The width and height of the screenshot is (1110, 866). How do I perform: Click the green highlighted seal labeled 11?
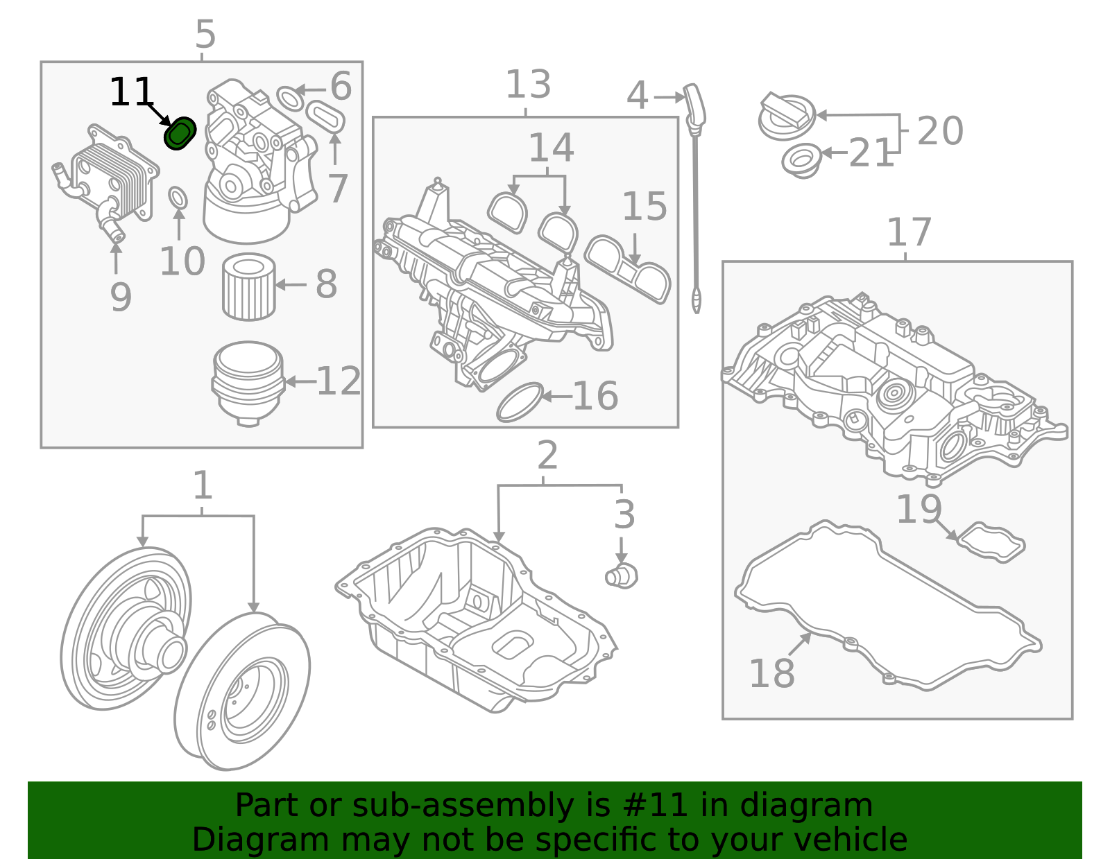[x=180, y=133]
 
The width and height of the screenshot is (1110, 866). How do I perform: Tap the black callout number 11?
[x=131, y=92]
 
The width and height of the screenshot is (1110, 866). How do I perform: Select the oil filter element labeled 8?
[x=248, y=287]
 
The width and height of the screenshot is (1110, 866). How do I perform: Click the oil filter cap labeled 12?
[x=248, y=381]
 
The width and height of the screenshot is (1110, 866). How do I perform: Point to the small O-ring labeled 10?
[x=178, y=198]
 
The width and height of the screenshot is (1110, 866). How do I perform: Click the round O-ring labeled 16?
[x=520, y=402]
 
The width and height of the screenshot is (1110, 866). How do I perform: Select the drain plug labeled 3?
[x=621, y=575]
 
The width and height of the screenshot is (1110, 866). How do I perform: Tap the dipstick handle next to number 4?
[x=694, y=104]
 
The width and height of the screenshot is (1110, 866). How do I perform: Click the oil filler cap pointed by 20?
[x=786, y=116]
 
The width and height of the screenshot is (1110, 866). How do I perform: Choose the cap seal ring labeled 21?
[x=801, y=161]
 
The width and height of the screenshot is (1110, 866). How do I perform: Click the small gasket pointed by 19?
[x=990, y=542]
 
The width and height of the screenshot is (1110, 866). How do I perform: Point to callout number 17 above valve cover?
[x=909, y=233]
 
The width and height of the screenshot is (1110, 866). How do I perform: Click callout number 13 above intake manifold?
[x=528, y=85]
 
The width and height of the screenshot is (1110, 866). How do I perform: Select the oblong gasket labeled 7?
[x=325, y=116]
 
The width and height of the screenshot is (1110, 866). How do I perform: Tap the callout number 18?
[x=771, y=673]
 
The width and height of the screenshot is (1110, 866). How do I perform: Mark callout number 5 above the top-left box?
[x=205, y=34]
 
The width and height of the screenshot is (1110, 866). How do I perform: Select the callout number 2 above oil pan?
[x=547, y=456]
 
